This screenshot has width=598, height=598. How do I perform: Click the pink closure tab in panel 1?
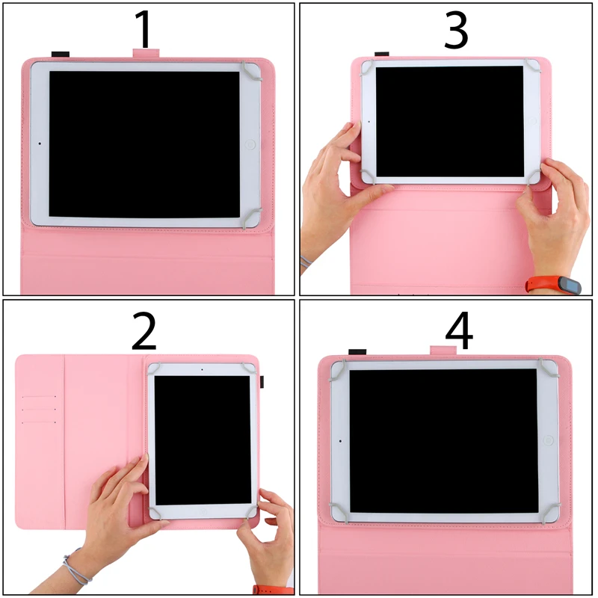[x=147, y=53]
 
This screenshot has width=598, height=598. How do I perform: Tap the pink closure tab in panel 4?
[x=443, y=349]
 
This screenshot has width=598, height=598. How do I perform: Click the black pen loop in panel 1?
[x=60, y=54]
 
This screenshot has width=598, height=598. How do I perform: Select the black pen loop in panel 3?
[x=381, y=54]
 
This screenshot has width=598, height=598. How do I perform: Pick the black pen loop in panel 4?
[x=357, y=351]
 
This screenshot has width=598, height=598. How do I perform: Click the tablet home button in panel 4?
[x=548, y=441]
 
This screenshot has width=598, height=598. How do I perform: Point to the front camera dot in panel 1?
[x=39, y=144]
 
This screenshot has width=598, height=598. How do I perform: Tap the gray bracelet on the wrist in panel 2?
[x=76, y=566]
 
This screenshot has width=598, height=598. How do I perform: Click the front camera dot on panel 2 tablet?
[x=202, y=369]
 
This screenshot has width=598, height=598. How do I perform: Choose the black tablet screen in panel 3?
[x=449, y=120]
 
